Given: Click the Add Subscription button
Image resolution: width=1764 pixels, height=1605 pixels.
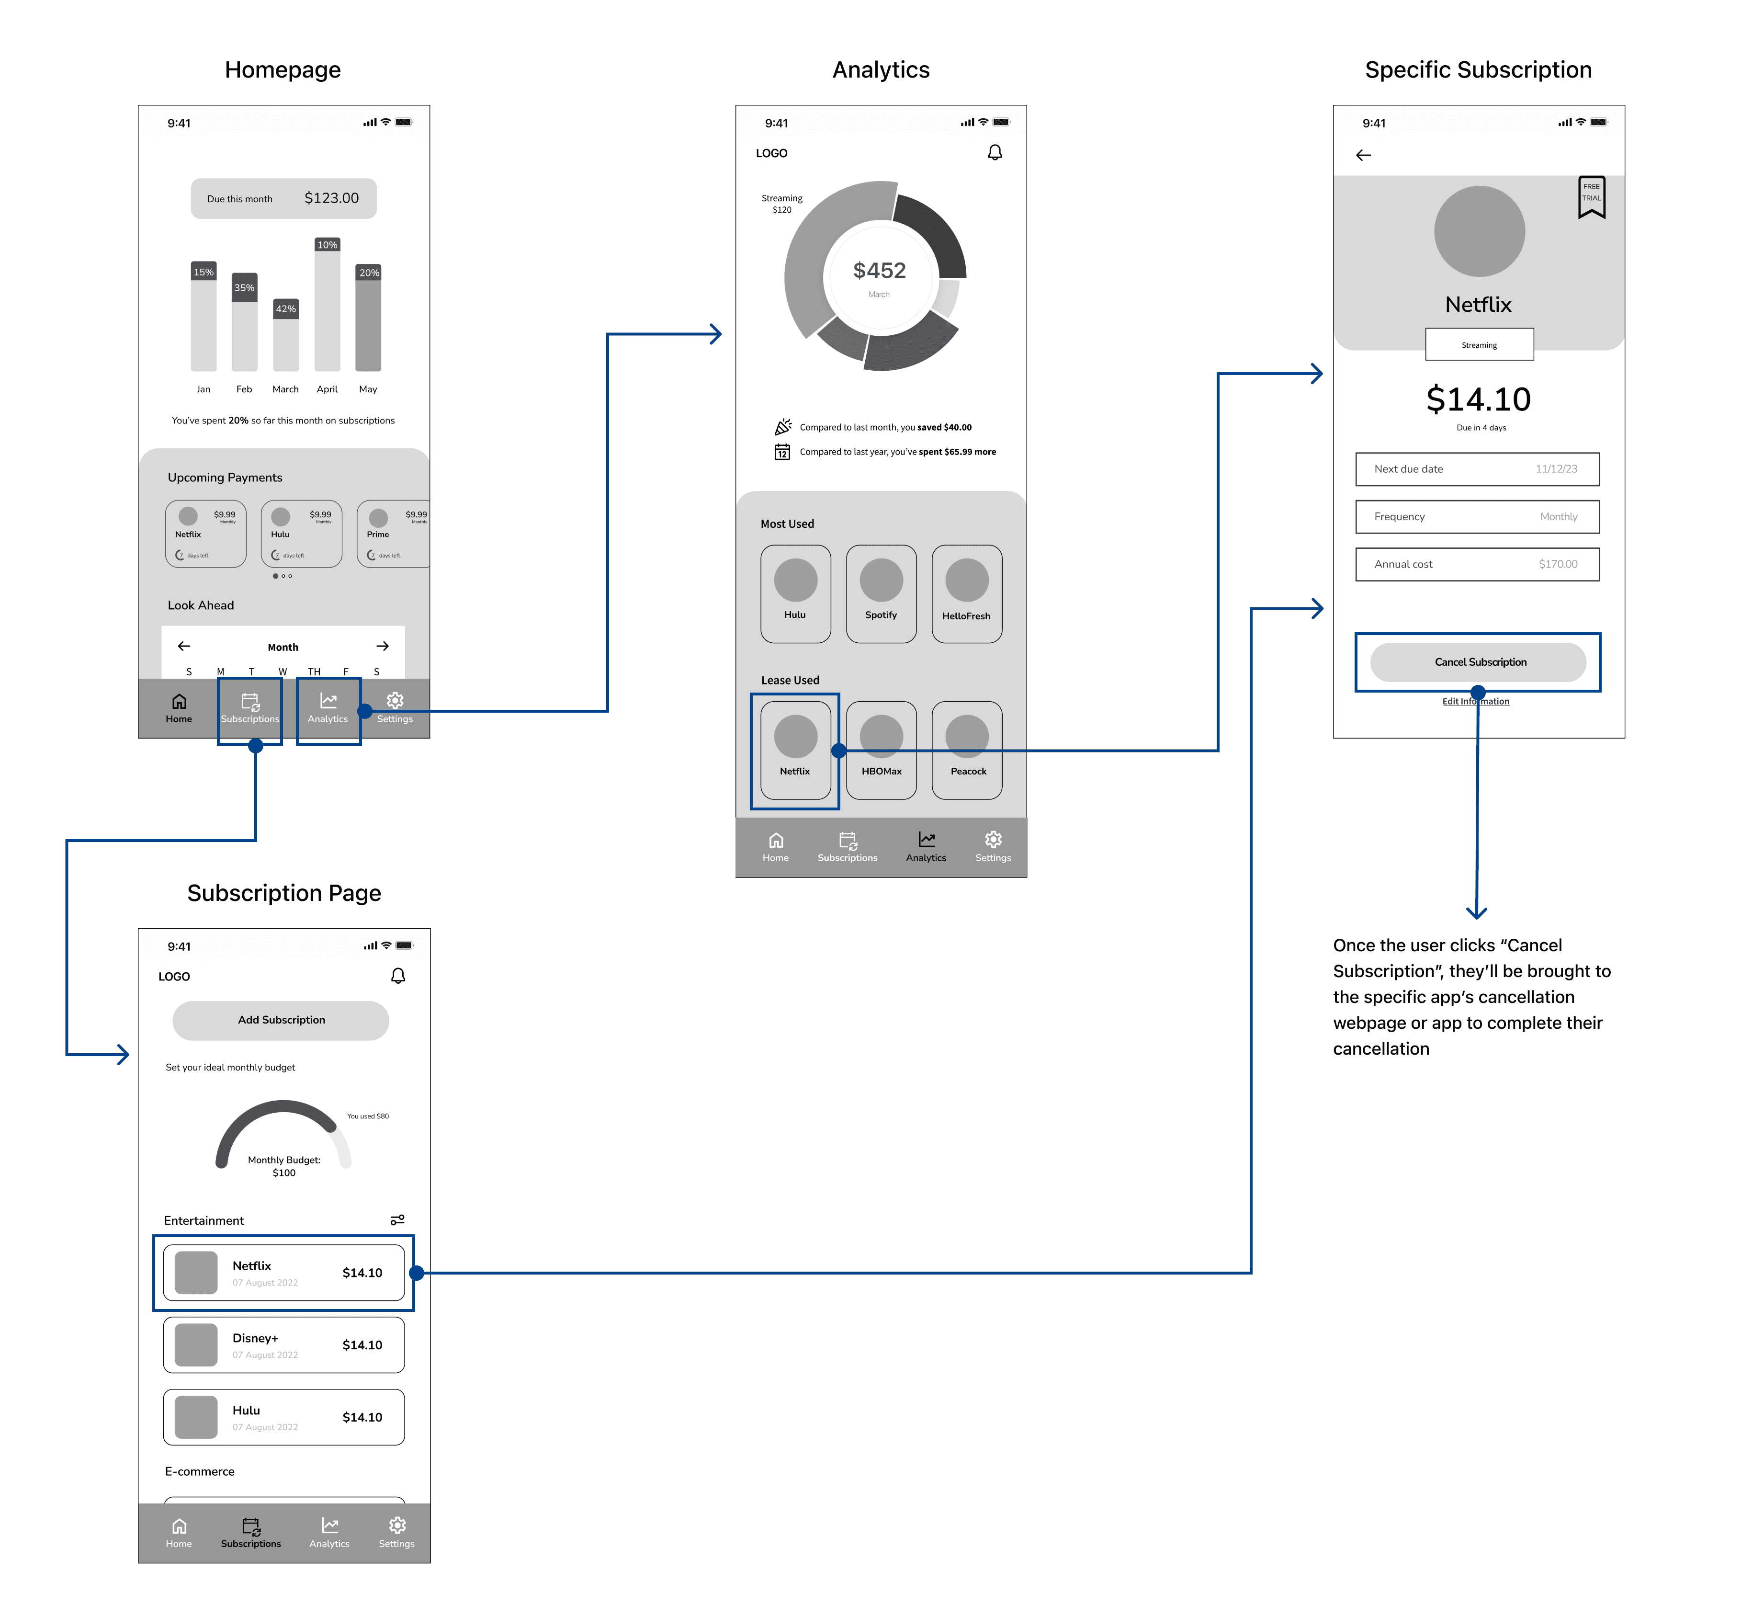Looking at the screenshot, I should [281, 1020].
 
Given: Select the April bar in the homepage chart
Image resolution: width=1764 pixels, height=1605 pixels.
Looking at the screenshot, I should [327, 307].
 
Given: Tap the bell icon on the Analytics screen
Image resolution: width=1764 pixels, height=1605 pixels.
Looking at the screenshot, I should [995, 153].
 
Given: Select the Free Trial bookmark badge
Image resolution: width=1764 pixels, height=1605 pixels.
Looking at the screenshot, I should [1591, 196].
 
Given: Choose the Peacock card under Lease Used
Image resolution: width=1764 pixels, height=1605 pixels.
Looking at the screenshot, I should [967, 750].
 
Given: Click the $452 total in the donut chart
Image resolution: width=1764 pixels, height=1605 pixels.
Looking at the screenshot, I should [880, 271].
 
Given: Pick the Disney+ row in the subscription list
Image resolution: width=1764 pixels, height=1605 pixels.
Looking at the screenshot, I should [283, 1345].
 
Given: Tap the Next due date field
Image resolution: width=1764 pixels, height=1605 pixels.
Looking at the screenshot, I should [1477, 469].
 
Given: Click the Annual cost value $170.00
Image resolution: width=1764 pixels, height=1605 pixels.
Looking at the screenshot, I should [1558, 565].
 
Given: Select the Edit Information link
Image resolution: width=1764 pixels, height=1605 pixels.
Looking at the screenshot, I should [1475, 702].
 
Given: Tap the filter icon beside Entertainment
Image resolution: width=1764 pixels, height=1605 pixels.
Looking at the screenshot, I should [397, 1220].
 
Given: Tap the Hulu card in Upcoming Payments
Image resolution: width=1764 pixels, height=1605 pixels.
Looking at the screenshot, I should [301, 534].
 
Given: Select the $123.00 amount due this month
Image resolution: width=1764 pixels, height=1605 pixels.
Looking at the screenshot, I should [332, 199].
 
